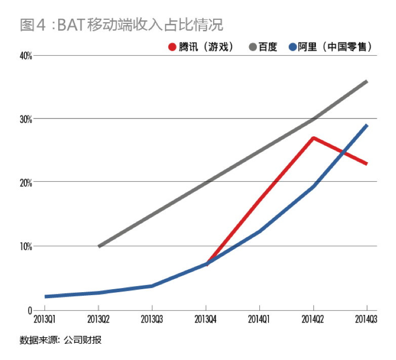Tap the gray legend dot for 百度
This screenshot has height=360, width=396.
pos(252,47)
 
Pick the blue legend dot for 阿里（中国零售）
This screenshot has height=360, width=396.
pos(292,47)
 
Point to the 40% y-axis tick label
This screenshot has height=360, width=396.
pos(26,55)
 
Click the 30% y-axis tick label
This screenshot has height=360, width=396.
pos(26,119)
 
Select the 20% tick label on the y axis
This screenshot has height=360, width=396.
pos(26,182)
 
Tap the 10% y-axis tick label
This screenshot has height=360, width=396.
pos(26,247)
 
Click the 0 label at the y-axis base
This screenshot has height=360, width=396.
pos(30,310)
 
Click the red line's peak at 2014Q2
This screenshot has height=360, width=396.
pos(313,138)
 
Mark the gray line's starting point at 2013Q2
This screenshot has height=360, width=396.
pos(99,246)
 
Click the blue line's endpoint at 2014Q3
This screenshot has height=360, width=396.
pos(367,125)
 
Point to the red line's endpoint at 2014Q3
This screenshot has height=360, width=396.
pos(367,164)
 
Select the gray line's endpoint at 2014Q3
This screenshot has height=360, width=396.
pos(367,81)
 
